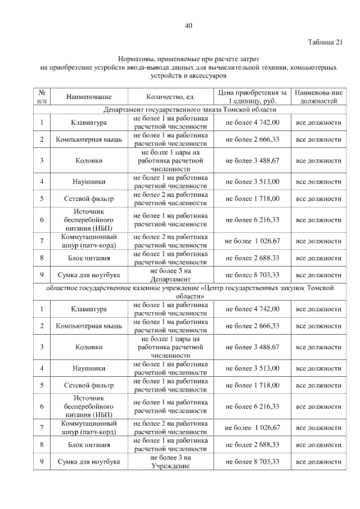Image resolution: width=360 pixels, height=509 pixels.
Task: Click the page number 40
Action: tap(188, 25)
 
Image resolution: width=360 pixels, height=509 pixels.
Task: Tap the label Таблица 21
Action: tap(325, 42)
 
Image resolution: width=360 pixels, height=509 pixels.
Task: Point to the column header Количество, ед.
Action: tap(170, 97)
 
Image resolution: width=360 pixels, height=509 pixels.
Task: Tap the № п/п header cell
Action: tap(42, 97)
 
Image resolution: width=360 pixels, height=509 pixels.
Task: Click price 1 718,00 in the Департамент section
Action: tap(252, 199)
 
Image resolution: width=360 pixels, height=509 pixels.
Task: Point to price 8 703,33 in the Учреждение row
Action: tap(252, 462)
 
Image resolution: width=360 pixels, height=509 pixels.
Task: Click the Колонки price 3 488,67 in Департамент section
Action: tap(252, 160)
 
